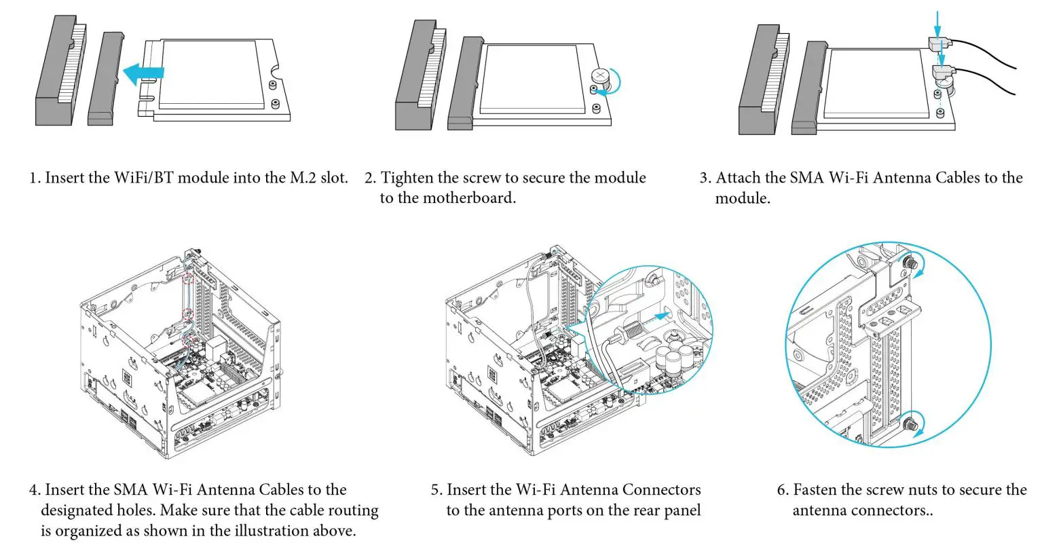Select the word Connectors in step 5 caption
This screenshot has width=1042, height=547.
point(661,490)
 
